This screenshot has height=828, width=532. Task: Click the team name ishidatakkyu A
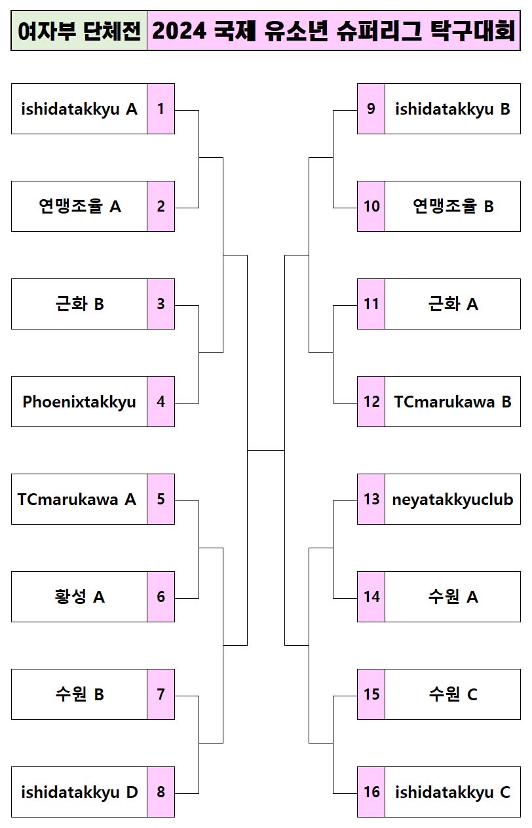point(79,109)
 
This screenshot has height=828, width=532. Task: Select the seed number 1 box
point(161,109)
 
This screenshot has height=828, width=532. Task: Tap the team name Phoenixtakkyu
point(79,402)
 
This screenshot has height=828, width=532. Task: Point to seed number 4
point(161,402)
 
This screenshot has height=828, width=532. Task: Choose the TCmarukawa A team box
point(77,499)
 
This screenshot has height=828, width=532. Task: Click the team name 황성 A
point(79,597)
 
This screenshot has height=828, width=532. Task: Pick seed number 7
point(161,694)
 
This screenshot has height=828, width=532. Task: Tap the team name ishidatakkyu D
point(79,792)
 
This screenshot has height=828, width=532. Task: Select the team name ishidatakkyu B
point(452,109)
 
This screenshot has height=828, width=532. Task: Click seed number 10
point(371,206)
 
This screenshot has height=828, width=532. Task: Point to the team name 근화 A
point(452,304)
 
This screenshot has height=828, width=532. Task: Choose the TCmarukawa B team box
point(452,402)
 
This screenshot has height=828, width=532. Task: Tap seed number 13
point(371,499)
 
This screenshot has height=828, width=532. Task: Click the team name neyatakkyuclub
point(452,499)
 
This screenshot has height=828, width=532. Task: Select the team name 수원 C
point(452,694)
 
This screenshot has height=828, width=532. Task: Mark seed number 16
point(371,792)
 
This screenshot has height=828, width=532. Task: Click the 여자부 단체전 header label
point(79,31)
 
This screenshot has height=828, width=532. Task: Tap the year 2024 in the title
point(179,31)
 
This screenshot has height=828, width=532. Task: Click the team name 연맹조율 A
point(79,206)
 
